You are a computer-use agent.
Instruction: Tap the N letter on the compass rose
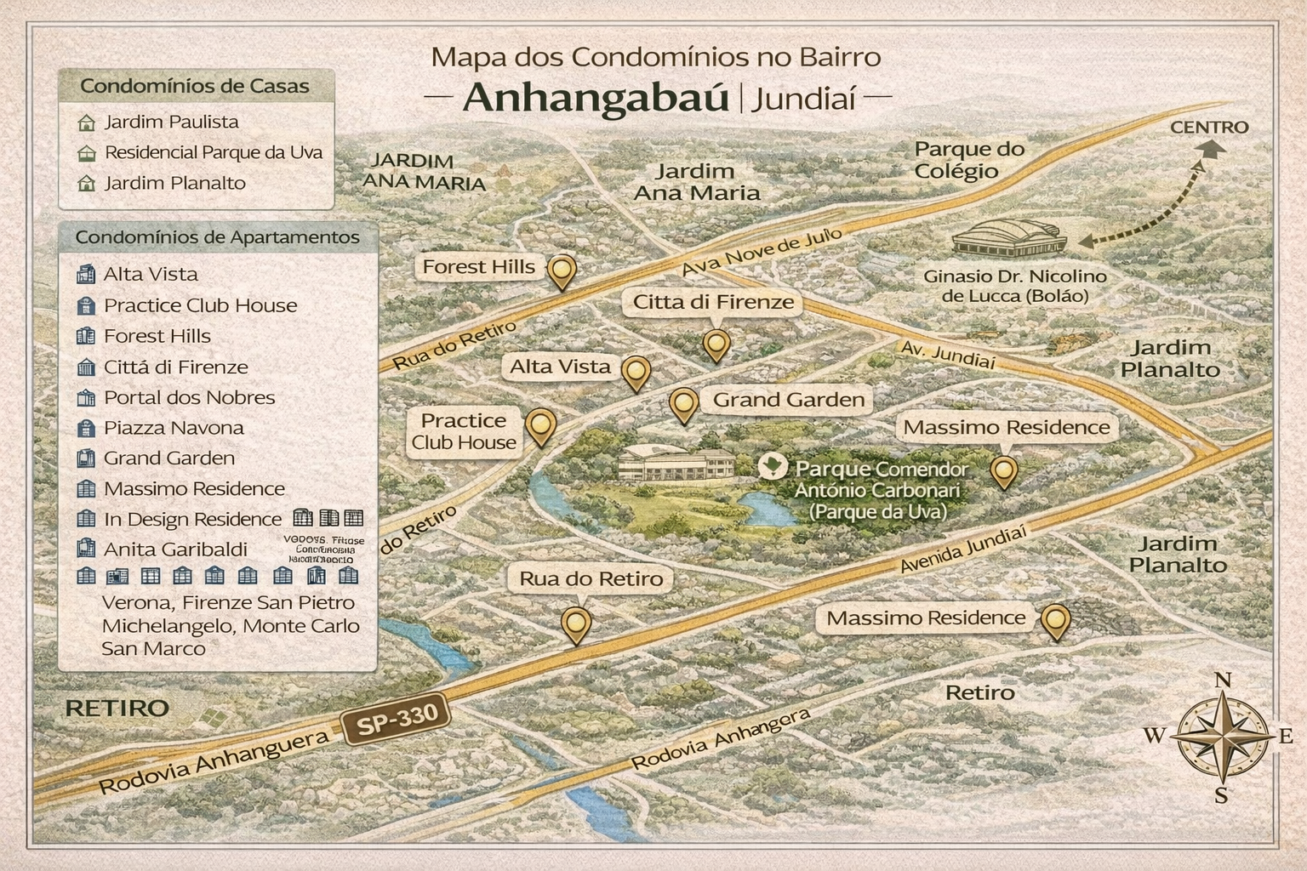(x=1223, y=680)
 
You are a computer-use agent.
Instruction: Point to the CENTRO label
(x=1208, y=128)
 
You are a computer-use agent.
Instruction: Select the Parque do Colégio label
(x=969, y=160)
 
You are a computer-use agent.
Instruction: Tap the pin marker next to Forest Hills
(x=562, y=271)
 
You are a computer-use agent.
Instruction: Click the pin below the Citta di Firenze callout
(x=716, y=344)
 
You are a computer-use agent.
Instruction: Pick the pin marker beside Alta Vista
(x=636, y=372)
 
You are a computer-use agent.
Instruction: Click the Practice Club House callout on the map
(x=464, y=431)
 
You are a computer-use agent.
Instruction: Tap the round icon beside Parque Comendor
(x=773, y=467)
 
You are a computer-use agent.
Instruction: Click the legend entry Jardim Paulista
(x=171, y=122)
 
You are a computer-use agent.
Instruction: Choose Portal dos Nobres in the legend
(x=189, y=397)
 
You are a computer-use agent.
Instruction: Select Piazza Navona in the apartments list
(x=174, y=428)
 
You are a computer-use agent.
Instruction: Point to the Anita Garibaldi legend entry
(x=175, y=549)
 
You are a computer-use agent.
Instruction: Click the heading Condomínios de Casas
(x=194, y=86)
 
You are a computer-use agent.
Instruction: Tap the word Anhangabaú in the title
(x=596, y=98)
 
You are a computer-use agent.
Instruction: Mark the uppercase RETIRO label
(x=117, y=708)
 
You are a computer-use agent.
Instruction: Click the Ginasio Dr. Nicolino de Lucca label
(x=1015, y=286)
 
